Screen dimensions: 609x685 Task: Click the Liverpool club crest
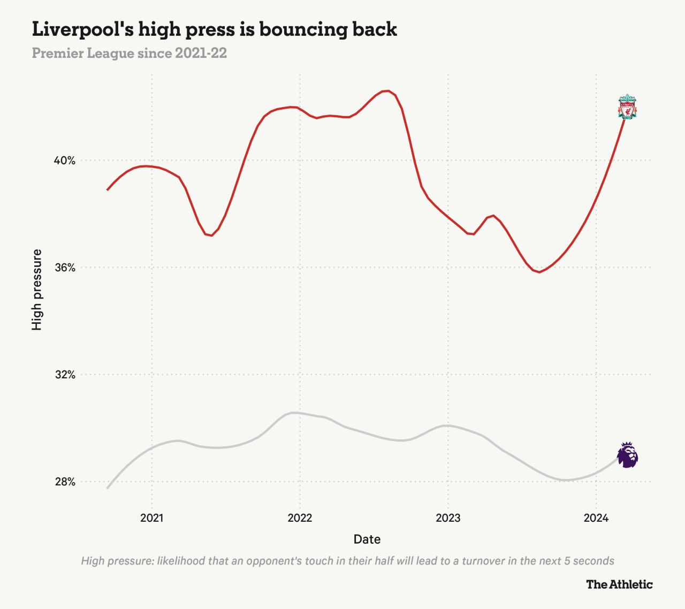627,106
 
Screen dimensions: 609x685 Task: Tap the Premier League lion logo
627,455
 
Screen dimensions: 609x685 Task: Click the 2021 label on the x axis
151,518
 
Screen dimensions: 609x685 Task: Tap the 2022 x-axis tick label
300,518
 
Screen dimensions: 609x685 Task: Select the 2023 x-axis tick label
448,518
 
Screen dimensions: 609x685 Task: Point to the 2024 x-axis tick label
596,518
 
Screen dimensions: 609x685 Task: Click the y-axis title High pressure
37,290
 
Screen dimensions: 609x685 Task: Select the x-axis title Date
367,539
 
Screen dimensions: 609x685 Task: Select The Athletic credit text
619,584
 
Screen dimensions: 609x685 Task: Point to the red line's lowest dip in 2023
539,272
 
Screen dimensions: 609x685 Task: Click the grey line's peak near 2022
292,413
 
